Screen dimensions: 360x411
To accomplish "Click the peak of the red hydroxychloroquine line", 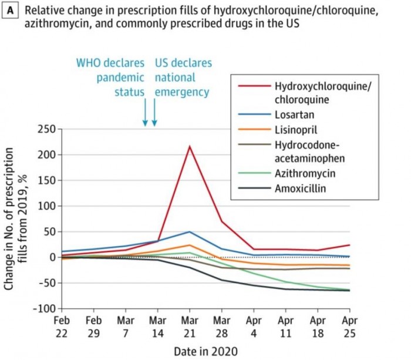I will pos(189,146).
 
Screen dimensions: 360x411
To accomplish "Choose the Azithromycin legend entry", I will pos(301,174).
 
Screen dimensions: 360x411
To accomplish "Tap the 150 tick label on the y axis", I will pos(47,180).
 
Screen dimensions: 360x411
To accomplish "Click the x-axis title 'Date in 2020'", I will pos(205,351).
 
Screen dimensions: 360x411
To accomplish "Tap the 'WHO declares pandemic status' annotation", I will pos(111,78).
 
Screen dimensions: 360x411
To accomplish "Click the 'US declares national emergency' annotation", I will pos(183,78).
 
